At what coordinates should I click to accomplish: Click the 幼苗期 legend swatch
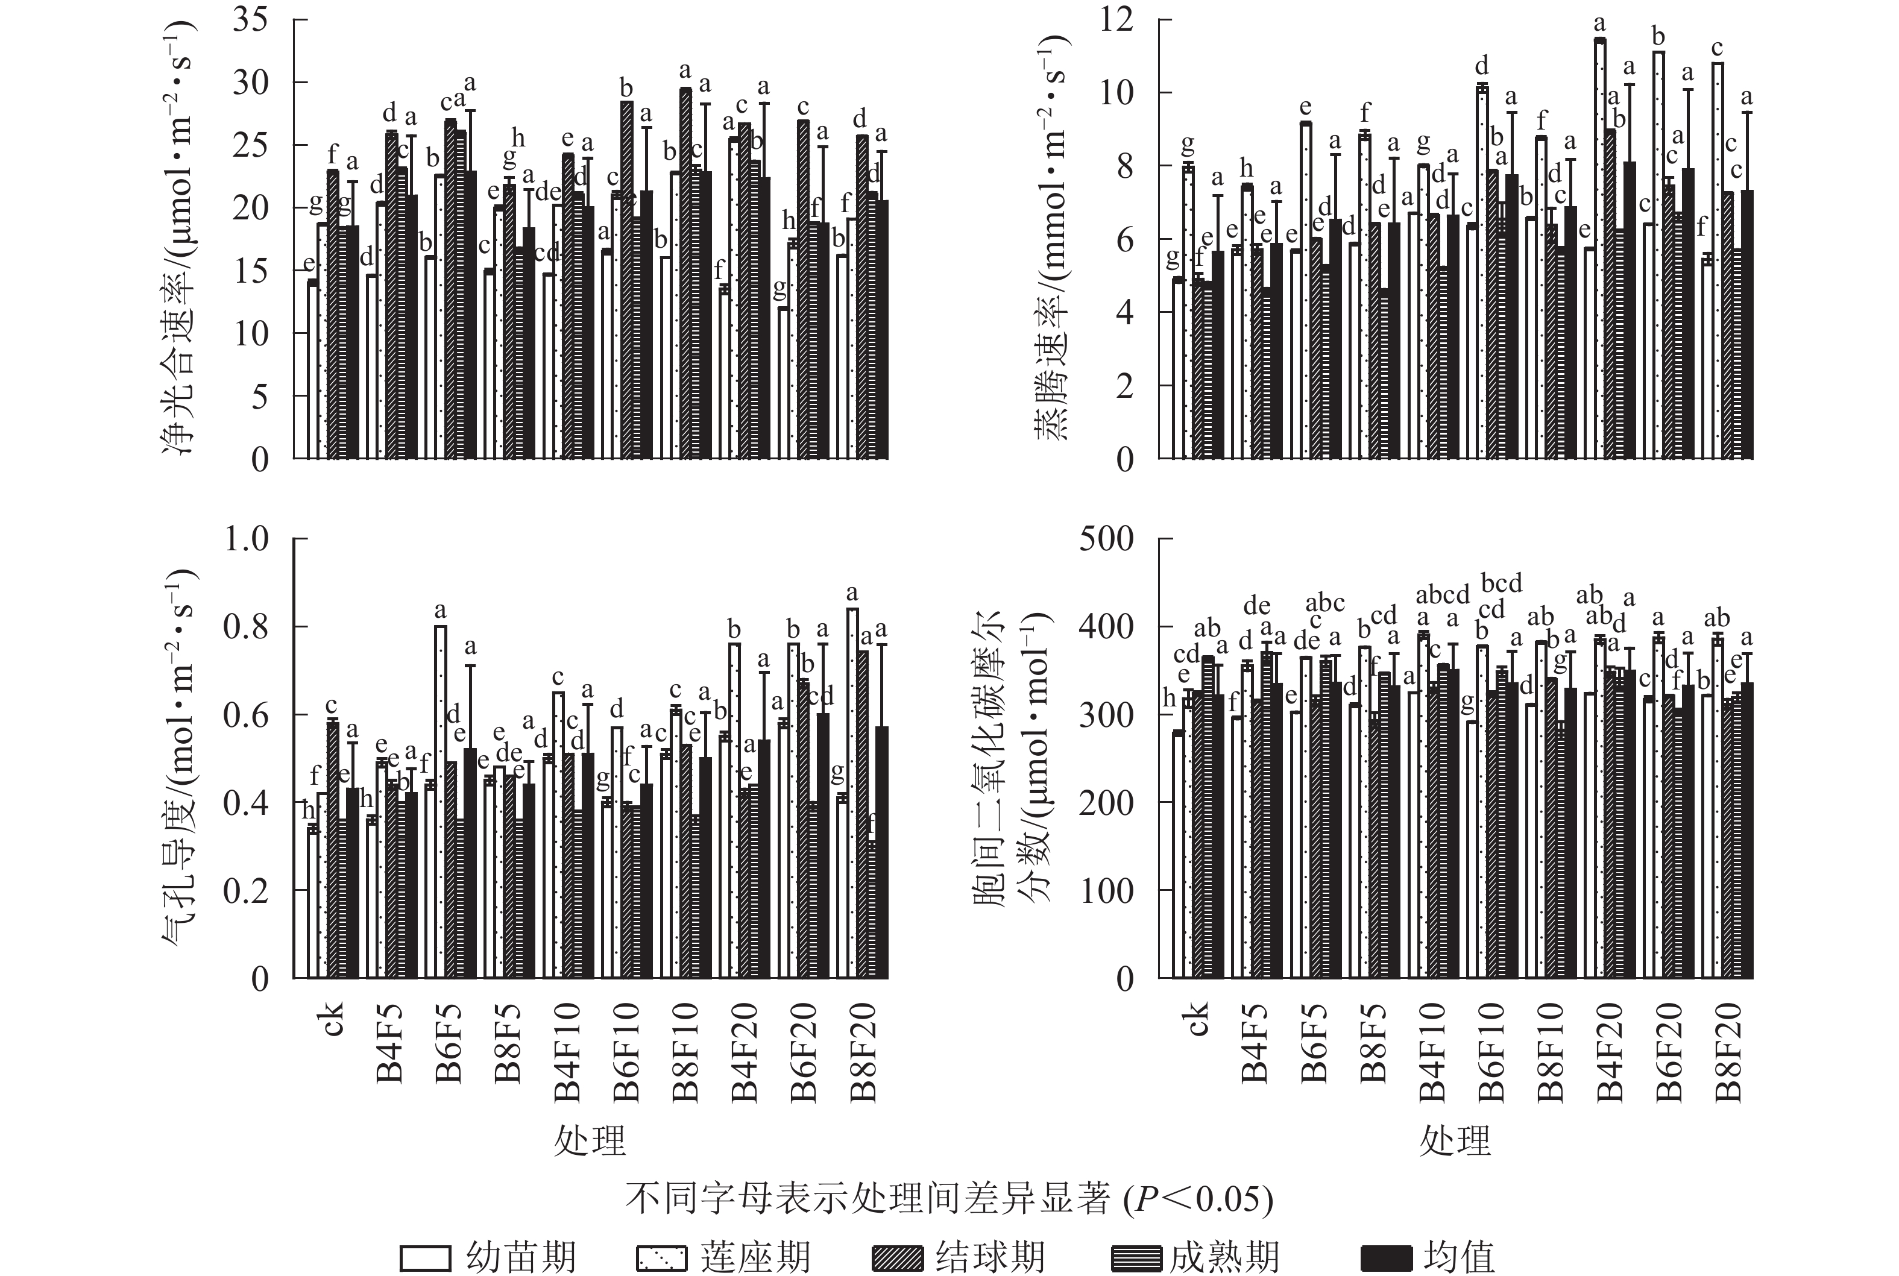coord(425,1258)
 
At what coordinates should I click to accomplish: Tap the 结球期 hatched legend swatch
coord(897,1258)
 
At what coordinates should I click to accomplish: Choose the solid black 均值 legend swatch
coord(1385,1258)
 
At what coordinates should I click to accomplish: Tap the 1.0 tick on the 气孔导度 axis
coord(247,539)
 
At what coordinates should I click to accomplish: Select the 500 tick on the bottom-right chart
coord(1106,539)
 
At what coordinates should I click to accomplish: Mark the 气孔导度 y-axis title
coord(181,757)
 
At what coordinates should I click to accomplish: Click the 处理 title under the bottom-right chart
coord(1455,1141)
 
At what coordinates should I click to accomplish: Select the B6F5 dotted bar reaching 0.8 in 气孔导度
coord(440,802)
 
